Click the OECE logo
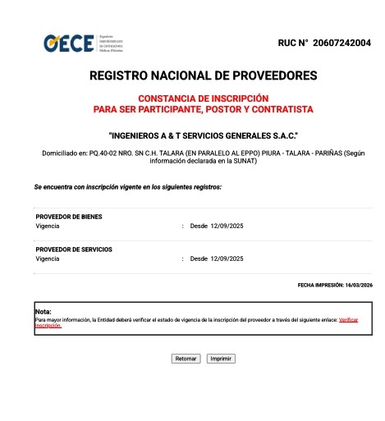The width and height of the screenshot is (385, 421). [x=69, y=43]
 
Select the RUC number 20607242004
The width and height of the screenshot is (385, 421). [x=336, y=43]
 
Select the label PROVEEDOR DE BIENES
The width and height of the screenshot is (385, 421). [x=69, y=217]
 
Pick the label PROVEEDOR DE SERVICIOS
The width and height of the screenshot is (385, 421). [x=74, y=249]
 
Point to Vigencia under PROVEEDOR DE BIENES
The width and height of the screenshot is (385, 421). [x=48, y=226]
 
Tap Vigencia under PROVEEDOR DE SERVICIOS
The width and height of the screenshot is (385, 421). [x=48, y=259]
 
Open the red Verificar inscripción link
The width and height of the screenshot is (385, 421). [x=348, y=319]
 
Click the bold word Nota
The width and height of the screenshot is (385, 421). [x=44, y=312]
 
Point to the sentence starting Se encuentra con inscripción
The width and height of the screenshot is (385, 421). [x=128, y=187]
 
